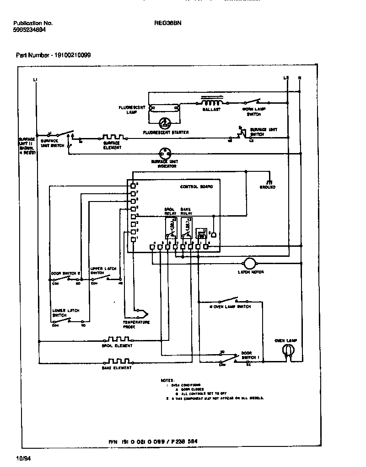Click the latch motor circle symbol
(250, 263)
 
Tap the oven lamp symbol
(287, 350)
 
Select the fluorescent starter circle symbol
(164, 123)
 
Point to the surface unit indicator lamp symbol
(164, 154)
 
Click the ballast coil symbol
(211, 101)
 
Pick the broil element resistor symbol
(118, 340)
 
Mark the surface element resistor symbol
(112, 137)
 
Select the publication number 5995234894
(30, 29)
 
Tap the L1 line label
(36, 80)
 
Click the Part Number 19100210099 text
(53, 55)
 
